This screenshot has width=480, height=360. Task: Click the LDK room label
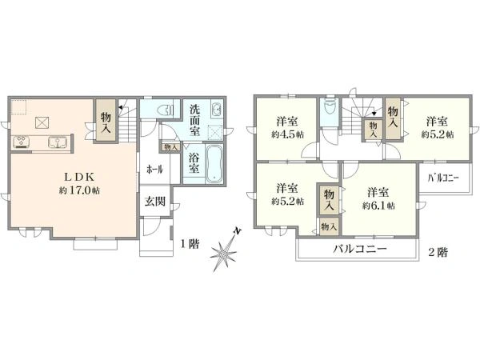click(x=79, y=177)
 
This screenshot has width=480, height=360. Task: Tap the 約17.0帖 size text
click(x=79, y=190)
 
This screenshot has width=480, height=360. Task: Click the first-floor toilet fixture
click(x=166, y=110)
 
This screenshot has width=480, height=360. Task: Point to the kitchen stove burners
click(x=21, y=142)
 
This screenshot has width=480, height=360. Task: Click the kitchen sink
click(x=58, y=142)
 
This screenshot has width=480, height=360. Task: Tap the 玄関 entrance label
click(x=155, y=201)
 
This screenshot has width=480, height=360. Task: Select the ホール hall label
click(x=154, y=169)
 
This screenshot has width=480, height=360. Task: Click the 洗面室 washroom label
click(x=194, y=120)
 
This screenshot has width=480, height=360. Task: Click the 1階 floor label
click(x=190, y=244)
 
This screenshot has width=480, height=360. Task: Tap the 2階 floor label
click(x=438, y=252)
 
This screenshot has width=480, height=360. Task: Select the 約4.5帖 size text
click(x=287, y=134)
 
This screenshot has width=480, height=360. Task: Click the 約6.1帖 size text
click(x=378, y=206)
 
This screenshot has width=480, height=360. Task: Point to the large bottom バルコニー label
click(x=360, y=249)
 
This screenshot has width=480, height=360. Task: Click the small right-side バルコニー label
click(x=443, y=178)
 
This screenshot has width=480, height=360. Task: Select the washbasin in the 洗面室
click(x=217, y=110)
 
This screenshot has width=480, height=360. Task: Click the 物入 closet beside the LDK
click(x=106, y=120)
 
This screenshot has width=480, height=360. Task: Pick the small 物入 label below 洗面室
click(x=171, y=147)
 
